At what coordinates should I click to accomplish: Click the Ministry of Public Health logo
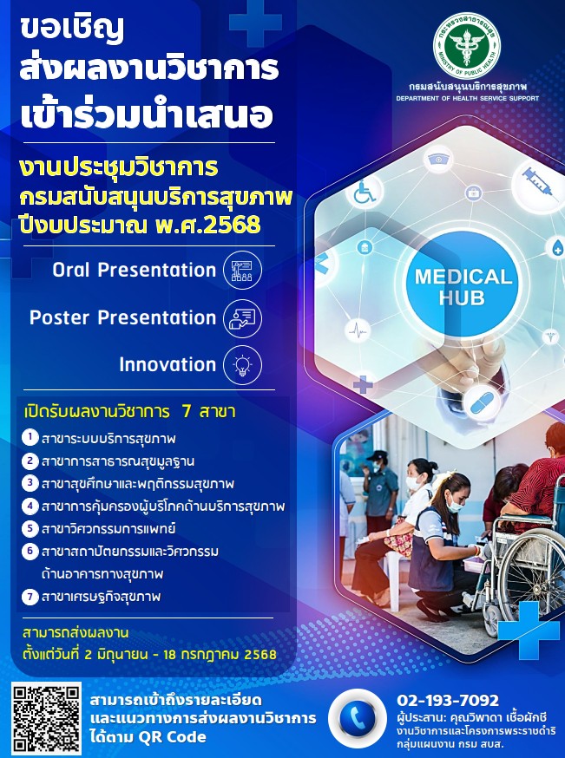coord(467,46)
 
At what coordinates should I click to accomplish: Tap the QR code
coord(47,717)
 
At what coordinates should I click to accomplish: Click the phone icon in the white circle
coord(358,718)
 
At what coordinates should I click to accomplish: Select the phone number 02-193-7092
coord(448,700)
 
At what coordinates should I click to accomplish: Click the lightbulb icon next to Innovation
coord(242,365)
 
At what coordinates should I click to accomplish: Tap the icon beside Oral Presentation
coord(242,271)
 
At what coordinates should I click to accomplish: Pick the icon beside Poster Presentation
coord(242,318)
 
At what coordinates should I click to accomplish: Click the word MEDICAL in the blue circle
coord(463,277)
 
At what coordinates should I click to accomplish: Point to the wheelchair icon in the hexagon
coord(365,192)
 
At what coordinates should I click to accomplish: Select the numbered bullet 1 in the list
coord(30,438)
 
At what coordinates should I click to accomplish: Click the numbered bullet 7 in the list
coord(30,597)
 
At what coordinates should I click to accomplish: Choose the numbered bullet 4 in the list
coord(30,506)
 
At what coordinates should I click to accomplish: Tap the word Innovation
coord(168,365)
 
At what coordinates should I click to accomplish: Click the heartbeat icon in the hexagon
coord(358,331)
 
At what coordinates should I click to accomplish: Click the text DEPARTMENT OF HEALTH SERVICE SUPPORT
coord(467,99)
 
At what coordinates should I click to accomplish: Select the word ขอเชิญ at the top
coord(72,30)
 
